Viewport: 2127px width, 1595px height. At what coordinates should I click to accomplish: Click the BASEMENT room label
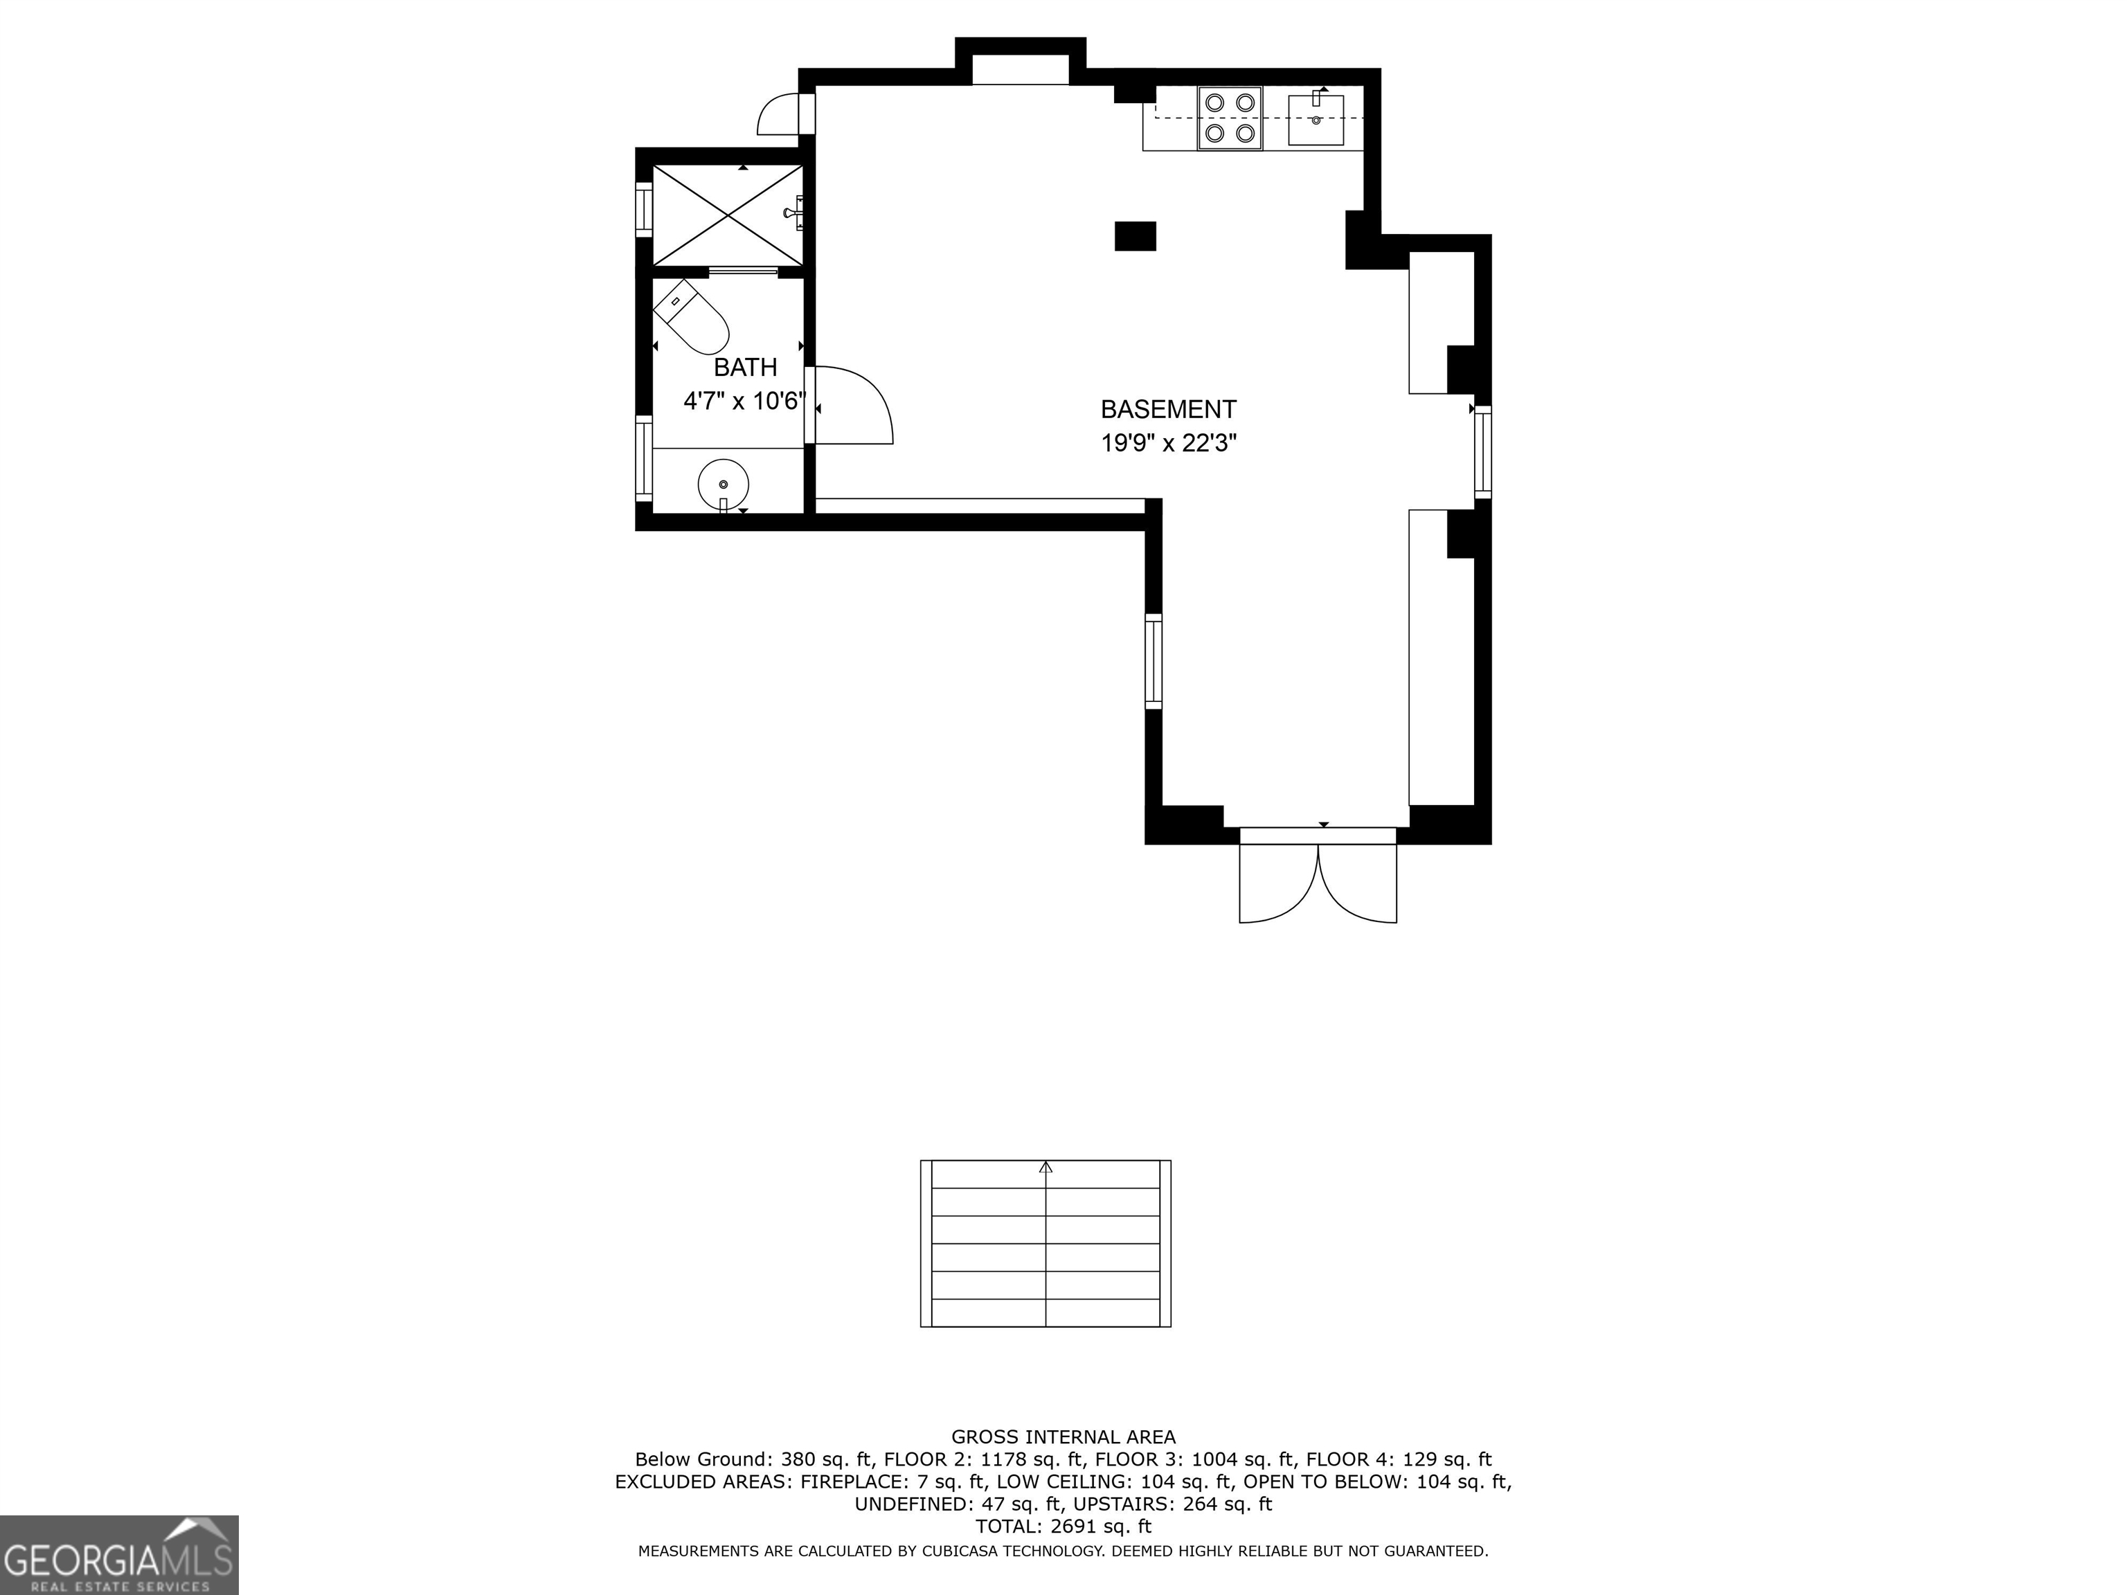[x=1167, y=410]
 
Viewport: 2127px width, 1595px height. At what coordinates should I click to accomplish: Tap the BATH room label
[x=745, y=368]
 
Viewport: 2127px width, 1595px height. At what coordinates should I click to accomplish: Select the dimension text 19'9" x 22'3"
[x=1167, y=443]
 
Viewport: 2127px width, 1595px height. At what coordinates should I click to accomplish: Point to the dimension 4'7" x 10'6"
[x=742, y=401]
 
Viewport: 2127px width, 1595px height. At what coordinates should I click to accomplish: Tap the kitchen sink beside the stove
[x=1316, y=119]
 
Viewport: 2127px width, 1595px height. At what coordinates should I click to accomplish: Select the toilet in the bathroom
[x=692, y=317]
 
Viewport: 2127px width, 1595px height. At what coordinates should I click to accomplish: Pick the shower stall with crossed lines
[x=728, y=215]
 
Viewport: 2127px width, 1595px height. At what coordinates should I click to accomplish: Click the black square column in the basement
[x=1135, y=237]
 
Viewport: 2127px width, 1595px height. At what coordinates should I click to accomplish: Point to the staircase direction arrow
[x=1046, y=1167]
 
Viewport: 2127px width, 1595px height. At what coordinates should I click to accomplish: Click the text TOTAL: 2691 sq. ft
[x=1063, y=1526]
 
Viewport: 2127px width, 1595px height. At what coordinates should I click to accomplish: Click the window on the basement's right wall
[x=1483, y=452]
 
